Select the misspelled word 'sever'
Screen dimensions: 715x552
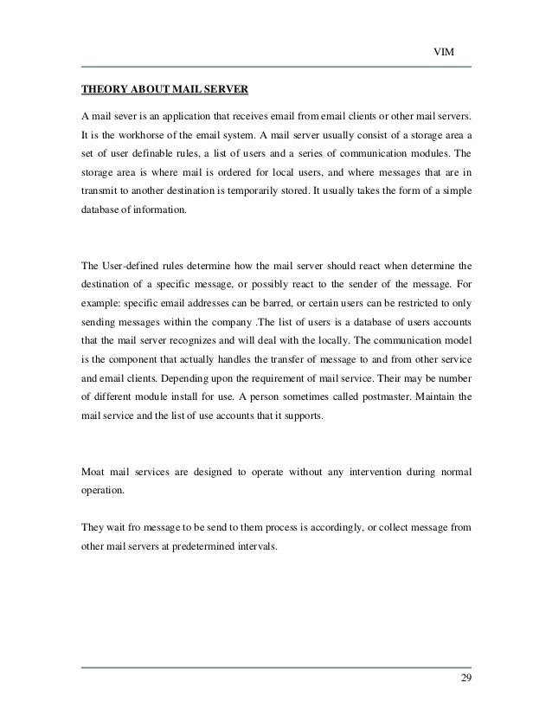[x=126, y=116]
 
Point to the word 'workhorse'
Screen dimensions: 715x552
[x=162, y=135]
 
